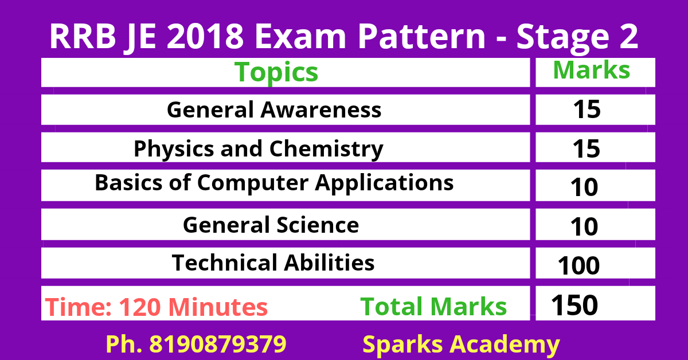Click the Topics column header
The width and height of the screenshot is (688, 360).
[x=276, y=72]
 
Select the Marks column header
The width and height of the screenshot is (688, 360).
[x=591, y=70]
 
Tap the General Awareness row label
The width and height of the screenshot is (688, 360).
[x=274, y=109]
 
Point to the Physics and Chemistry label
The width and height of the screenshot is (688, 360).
[x=259, y=148]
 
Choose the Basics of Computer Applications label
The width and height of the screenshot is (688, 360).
[x=274, y=183]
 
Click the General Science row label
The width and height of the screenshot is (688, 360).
[x=271, y=224]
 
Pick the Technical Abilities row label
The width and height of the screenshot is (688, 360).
[x=273, y=263]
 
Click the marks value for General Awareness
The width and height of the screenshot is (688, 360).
[x=586, y=109]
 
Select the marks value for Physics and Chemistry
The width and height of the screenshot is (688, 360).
[x=586, y=149]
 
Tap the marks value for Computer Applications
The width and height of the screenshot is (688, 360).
[x=584, y=188]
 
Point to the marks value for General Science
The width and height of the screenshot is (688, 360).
[x=584, y=227]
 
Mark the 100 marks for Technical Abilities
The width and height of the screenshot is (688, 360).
[x=578, y=266]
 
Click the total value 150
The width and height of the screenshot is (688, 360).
[x=574, y=305]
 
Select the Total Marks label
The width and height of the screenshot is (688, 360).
[x=433, y=307]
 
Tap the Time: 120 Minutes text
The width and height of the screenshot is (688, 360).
[x=157, y=307]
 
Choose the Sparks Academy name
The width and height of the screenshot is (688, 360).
[x=461, y=344]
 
